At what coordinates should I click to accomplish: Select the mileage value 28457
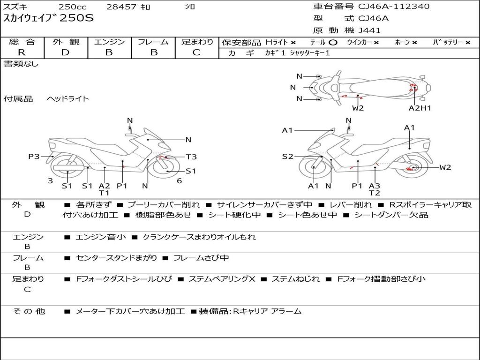pos(121,7)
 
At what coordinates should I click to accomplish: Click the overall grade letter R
pos(22,52)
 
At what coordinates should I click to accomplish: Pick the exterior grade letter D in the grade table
pos(65,52)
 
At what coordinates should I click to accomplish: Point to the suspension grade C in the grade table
pos(196,52)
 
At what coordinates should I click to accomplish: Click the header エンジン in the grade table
pos(109,42)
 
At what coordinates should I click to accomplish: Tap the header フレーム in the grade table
pos(153,42)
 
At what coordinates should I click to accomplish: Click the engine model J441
pos(369,30)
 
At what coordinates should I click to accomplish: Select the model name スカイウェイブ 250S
pos(49,19)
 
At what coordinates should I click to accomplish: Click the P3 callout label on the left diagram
pos(34,157)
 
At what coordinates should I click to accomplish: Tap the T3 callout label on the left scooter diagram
pos(191,157)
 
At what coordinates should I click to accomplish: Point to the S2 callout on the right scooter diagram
pos(287,157)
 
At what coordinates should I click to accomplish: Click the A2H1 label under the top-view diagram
pos(420,108)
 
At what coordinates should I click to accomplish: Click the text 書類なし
pos(22,64)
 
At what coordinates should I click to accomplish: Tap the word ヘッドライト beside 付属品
pos(68,99)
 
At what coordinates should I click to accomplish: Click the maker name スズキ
pos(15,7)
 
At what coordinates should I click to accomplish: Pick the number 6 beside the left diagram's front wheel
pos(180,181)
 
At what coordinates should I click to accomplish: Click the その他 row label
pos(29,311)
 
